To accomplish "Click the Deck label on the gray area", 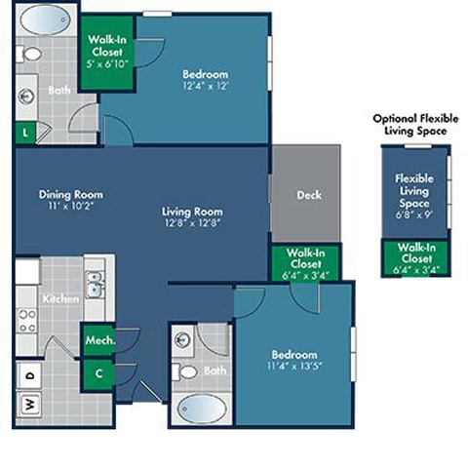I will pyautogui.click(x=308, y=195).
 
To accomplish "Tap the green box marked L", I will pyautogui.click(x=24, y=130).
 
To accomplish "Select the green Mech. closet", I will pyautogui.click(x=98, y=341).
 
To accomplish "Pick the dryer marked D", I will pyautogui.click(x=29, y=373).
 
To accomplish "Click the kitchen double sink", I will pyautogui.click(x=95, y=285).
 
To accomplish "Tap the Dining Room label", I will pyautogui.click(x=71, y=194).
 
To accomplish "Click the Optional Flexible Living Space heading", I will pyautogui.click(x=410, y=124).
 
